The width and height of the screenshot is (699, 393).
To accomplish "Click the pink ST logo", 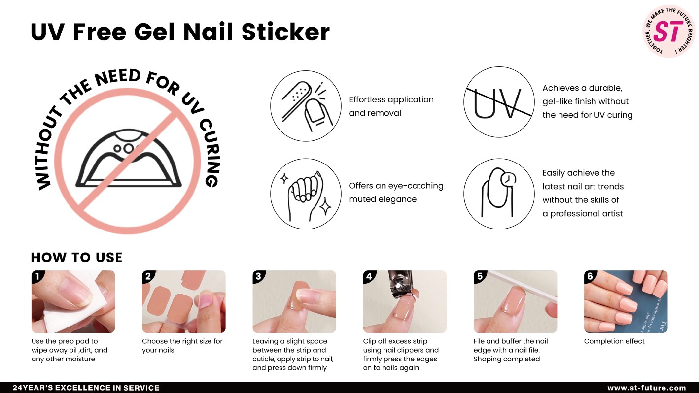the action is point(668,31).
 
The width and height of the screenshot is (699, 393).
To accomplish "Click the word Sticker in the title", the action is point(285,32).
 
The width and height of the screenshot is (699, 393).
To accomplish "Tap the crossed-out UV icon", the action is point(499,102).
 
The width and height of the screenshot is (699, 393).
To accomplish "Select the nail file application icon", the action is point(306,106).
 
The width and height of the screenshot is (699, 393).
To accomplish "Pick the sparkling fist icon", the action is point(306,194).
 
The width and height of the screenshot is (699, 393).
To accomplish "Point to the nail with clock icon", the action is point(499,194).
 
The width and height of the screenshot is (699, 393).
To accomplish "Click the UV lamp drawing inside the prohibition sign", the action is point(128,158).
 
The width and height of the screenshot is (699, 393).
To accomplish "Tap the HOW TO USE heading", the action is point(76,258).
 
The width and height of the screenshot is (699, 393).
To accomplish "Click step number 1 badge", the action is point(37,276).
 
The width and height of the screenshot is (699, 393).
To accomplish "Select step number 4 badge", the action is point(369,276).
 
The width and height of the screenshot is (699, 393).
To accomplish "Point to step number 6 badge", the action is point(590,276).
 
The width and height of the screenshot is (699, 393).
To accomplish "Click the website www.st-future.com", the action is point(647,388).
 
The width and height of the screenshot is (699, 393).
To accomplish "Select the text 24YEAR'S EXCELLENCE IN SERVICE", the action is point(86,388).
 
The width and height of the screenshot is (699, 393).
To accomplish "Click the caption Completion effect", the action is point(614,341).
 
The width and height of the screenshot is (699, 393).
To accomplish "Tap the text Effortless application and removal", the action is point(391,106).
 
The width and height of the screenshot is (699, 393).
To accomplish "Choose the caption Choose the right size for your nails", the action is point(182,346).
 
